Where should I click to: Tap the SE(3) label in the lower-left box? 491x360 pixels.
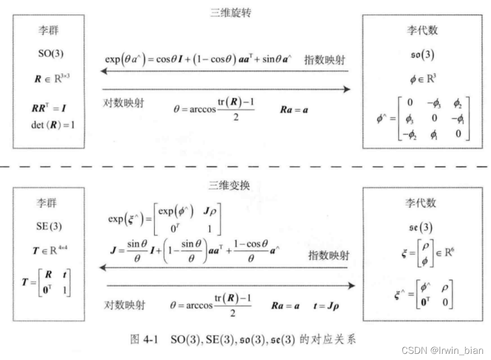pos(50,226)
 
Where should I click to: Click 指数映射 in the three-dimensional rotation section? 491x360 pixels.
pos(325,59)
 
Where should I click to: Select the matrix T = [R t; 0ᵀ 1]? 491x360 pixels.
pos(51,283)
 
